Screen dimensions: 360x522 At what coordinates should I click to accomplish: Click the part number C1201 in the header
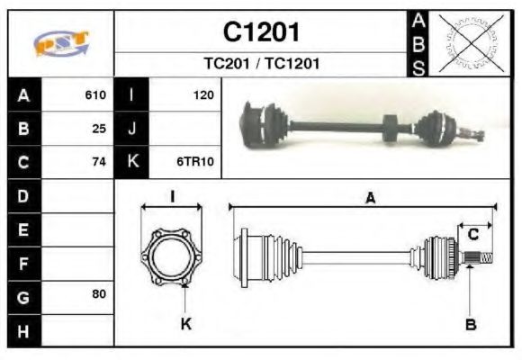pos(261,32)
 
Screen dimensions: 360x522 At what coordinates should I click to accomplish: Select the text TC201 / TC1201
pos(261,64)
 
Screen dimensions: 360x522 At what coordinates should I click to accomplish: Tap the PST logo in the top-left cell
pos(61,43)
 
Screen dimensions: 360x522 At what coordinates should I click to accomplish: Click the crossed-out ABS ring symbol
pos(468,43)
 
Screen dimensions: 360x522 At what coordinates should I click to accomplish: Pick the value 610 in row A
pos(95,94)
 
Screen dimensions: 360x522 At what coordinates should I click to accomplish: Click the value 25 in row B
pos(99,129)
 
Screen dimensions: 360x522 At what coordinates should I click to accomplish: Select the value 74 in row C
pos(99,163)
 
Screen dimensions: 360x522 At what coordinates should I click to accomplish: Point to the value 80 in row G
pos(99,294)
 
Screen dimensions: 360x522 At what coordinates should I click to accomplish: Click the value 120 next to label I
pos(202,94)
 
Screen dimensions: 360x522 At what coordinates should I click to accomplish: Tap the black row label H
pos(22,331)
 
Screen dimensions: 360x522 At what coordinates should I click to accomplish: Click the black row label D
pos(22,195)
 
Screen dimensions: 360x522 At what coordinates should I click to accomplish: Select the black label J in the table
pos(131,129)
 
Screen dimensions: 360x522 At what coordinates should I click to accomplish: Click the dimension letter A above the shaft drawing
pos(369,199)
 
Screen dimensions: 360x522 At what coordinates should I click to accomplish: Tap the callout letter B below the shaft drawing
pos(470,325)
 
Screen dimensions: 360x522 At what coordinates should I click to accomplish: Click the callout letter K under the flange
pos(186,324)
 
